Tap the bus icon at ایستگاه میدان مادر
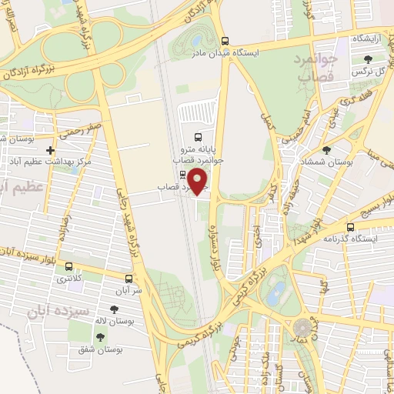coord(225,42)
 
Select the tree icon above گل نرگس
coord(369,59)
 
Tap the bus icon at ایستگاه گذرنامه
coord(351,227)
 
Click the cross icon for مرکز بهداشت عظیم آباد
coord(51,150)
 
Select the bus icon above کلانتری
coord(70,266)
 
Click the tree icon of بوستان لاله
coord(114,309)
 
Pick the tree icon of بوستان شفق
coord(100,336)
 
